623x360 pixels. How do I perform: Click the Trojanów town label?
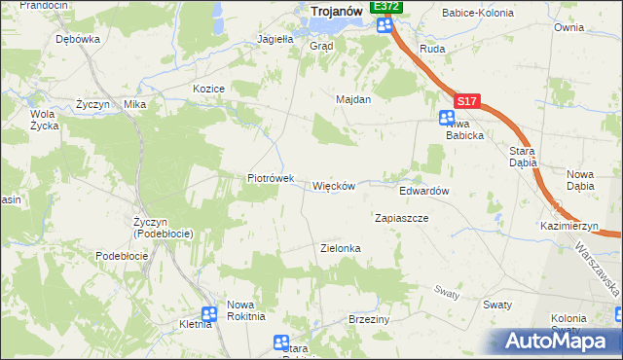pos(336,11)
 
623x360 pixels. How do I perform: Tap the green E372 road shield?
pos(386,6)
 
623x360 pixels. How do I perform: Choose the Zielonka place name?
pos(341,248)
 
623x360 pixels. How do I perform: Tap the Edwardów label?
pos(423,192)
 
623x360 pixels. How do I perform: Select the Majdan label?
pos(353,99)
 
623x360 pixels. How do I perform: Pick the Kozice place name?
pos(209,89)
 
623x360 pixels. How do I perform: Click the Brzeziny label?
pos(369,319)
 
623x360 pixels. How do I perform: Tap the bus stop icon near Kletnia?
pos(209,314)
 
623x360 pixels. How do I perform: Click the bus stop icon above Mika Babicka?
pos(447,118)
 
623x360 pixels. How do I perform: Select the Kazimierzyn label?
pos(569,225)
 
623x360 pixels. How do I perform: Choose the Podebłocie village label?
pos(122,255)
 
